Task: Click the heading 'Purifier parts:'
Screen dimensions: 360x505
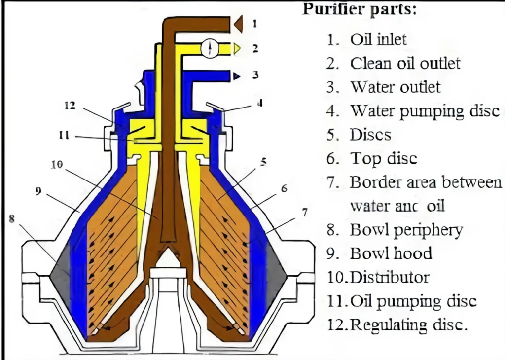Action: [360, 9]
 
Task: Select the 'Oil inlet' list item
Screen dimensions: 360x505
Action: [378, 39]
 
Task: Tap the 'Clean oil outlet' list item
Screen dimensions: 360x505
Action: [405, 63]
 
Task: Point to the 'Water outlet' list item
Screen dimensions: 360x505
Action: [395, 87]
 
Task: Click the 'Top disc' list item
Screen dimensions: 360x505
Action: [383, 158]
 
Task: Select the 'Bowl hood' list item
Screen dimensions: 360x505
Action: [391, 253]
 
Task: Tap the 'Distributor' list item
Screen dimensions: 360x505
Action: [389, 277]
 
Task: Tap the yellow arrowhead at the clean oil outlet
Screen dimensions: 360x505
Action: [237, 48]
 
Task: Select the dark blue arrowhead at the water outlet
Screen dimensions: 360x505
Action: [237, 76]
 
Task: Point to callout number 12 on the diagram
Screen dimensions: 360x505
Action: [71, 105]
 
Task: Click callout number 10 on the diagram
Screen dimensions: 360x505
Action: [57, 165]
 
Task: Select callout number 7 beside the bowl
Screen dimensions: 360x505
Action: [305, 212]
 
